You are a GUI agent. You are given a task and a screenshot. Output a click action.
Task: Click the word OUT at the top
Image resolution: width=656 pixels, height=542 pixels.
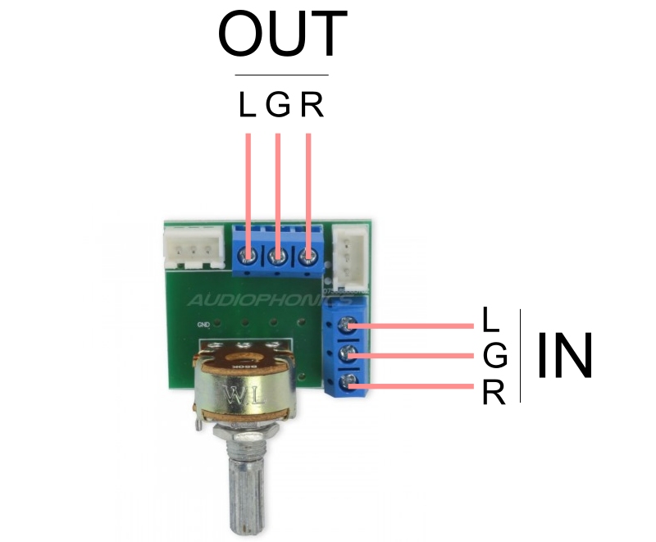[282, 35]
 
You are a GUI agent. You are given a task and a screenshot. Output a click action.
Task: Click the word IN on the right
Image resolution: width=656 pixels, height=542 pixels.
[565, 356]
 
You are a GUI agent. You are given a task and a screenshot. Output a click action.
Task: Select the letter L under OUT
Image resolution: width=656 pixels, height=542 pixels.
[247, 105]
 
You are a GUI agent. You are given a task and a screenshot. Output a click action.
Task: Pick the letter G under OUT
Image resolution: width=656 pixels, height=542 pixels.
[278, 105]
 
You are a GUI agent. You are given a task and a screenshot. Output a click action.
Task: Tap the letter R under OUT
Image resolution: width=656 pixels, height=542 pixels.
[311, 105]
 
